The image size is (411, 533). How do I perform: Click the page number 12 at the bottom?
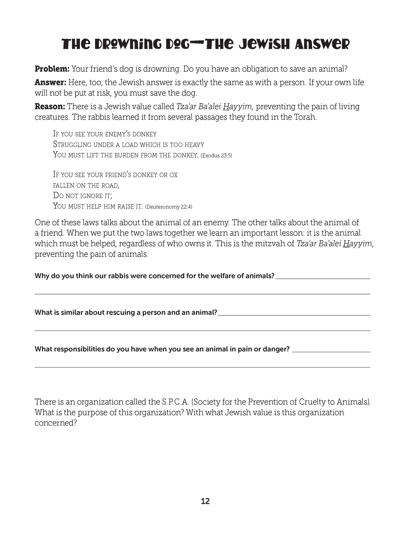205,501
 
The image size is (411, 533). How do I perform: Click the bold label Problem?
52,69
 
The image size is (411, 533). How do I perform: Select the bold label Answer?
50,83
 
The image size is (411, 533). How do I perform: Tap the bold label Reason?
50,107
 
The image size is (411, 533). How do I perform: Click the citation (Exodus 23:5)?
216,156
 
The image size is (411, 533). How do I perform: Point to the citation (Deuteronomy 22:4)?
168,207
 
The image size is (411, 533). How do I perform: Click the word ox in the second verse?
174,175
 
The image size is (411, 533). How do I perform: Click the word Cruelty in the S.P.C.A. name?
314,402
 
